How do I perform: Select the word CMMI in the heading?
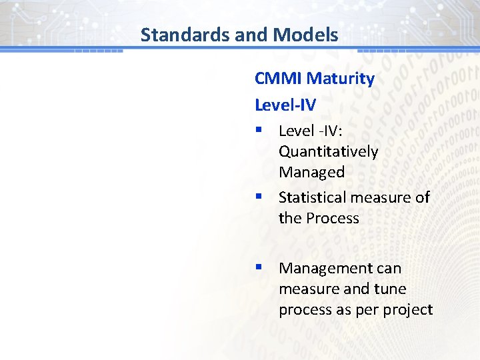pyautogui.click(x=278, y=79)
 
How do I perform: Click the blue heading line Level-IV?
pyautogui.click(x=285, y=105)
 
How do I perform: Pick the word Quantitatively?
pyautogui.click(x=328, y=151)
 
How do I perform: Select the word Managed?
pyautogui.click(x=311, y=172)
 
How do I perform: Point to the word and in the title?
pyautogui.click(x=249, y=35)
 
